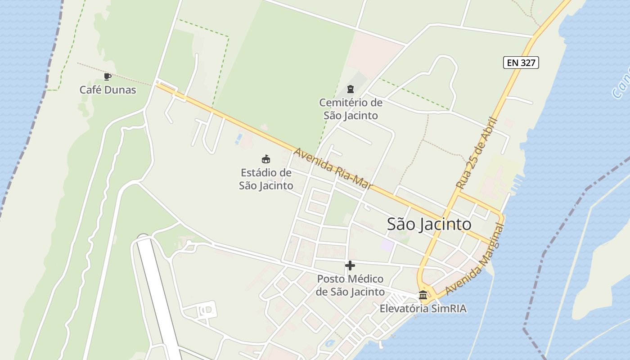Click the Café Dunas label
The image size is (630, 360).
[108, 90]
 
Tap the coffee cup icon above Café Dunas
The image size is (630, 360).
[107, 76]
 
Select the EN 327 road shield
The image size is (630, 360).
[521, 63]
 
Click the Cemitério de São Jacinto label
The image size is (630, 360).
[351, 109]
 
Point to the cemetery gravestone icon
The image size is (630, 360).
[351, 90]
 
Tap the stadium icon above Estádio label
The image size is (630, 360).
[266, 159]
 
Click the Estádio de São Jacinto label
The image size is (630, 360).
[266, 179]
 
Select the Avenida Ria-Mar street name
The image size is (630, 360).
[333, 168]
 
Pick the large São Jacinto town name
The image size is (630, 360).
[429, 224]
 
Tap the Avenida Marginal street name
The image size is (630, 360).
[475, 259]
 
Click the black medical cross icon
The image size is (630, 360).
[350, 265]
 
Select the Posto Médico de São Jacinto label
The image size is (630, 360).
[350, 285]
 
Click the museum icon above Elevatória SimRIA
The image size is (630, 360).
[423, 295]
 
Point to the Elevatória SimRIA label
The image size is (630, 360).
[423, 309]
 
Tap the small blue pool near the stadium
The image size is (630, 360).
[238, 139]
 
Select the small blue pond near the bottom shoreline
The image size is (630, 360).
[329, 343]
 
